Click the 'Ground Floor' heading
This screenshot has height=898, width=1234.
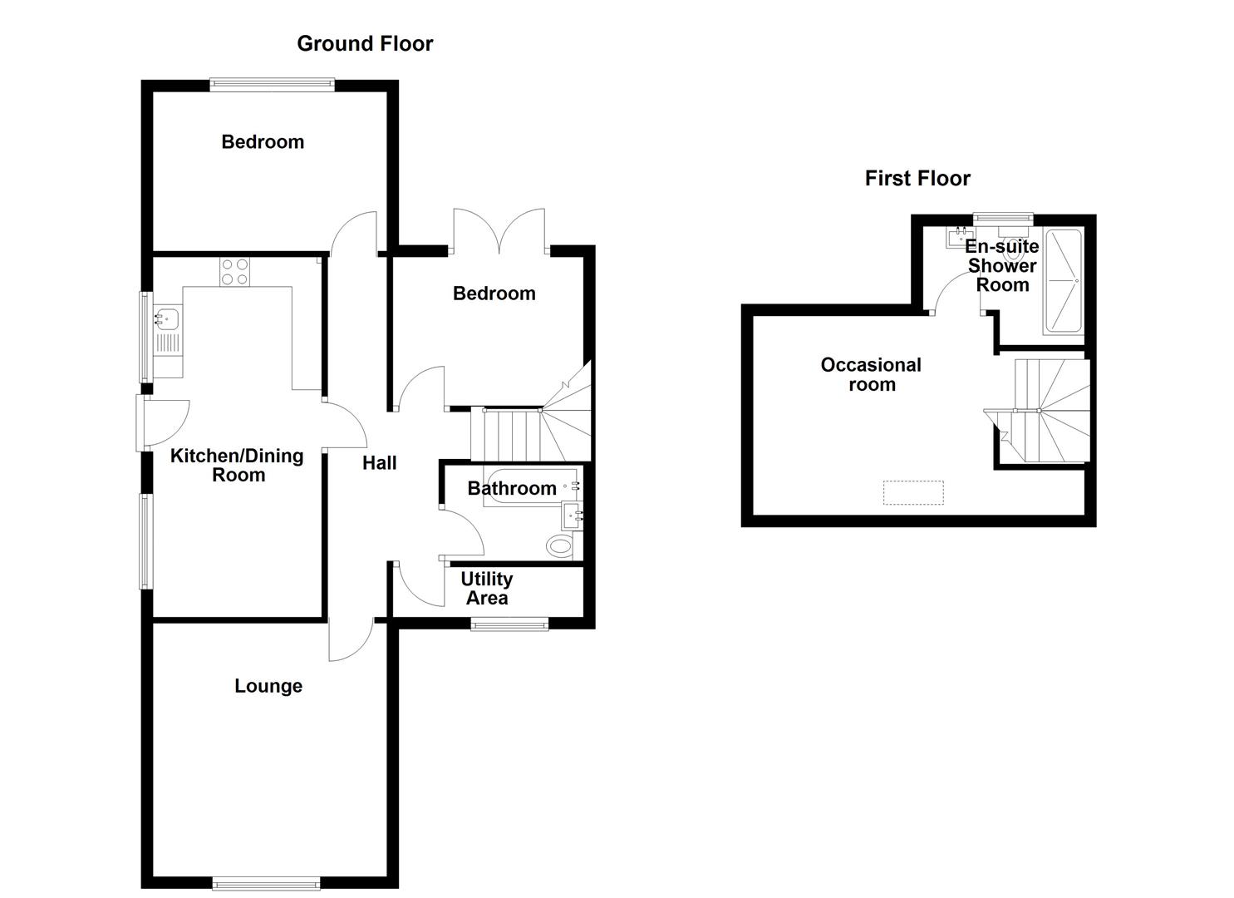pyautogui.click(x=365, y=43)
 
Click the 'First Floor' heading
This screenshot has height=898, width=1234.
pyautogui.click(x=917, y=178)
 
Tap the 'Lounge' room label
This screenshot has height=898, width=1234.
pyautogui.click(x=268, y=686)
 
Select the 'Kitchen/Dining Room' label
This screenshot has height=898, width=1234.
pyautogui.click(x=238, y=465)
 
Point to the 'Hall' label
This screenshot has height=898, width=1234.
pyautogui.click(x=379, y=463)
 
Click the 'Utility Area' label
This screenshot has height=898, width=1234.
pyautogui.click(x=486, y=588)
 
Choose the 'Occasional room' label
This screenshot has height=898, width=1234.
pyautogui.click(x=871, y=374)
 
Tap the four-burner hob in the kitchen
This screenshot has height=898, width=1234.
pyautogui.click(x=234, y=272)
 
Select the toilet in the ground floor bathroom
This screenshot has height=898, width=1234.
pyautogui.click(x=562, y=546)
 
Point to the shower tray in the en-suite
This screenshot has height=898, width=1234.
pyautogui.click(x=1063, y=281)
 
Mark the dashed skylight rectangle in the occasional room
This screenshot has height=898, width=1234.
pyautogui.click(x=913, y=492)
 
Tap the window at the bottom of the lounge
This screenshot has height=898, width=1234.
pyautogui.click(x=266, y=884)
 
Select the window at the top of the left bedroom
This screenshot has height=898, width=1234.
pyautogui.click(x=272, y=82)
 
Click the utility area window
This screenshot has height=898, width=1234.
pyautogui.click(x=509, y=623)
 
